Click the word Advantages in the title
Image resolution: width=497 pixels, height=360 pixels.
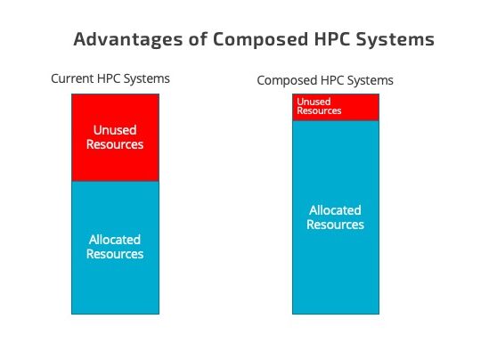pyautogui.click(x=128, y=39)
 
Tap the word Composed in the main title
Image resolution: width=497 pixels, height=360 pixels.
pyautogui.click(x=260, y=39)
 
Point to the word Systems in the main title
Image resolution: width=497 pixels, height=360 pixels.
pyautogui.click(x=395, y=39)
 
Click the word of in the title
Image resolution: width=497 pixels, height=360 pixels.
pyautogui.click(x=198, y=39)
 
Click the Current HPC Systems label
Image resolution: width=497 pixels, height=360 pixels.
pyautogui.click(x=110, y=78)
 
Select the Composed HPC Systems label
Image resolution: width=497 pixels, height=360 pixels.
pyautogui.click(x=325, y=80)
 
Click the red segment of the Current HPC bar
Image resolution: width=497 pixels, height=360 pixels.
pyautogui.click(x=116, y=137)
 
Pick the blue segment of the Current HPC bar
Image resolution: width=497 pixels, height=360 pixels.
pyautogui.click(x=116, y=248)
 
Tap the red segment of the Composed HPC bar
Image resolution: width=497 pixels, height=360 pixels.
pyautogui.click(x=336, y=107)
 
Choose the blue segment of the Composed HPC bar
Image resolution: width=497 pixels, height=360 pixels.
pyautogui.click(x=336, y=217)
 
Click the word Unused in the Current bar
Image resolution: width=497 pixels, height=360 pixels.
pyautogui.click(x=115, y=130)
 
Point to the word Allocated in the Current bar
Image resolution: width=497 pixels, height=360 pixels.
pyautogui.click(x=115, y=240)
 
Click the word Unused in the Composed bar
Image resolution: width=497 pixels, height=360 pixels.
pyautogui.click(x=314, y=102)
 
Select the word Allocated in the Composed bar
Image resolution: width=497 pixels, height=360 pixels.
pyautogui.click(x=335, y=210)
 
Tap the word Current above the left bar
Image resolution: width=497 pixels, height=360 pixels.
pyautogui.click(x=72, y=78)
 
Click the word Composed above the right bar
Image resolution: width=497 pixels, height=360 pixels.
pyautogui.click(x=288, y=80)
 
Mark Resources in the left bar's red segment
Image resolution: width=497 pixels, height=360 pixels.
pyautogui.click(x=115, y=144)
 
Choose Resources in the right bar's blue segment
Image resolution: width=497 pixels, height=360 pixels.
pyautogui.click(x=335, y=225)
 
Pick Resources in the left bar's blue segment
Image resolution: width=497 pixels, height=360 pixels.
pyautogui.click(x=115, y=254)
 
